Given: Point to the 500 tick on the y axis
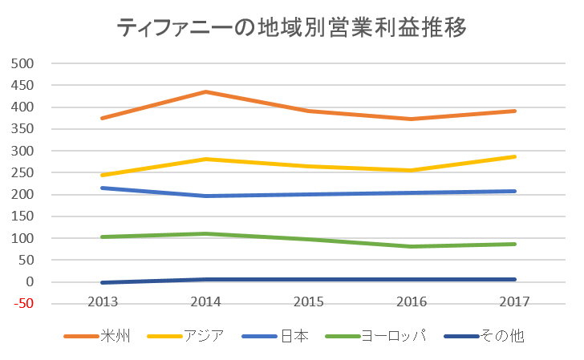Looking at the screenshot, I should tap(25, 63).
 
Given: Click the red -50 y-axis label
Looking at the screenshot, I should tap(25, 304).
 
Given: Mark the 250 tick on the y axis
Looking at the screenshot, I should tap(25, 173).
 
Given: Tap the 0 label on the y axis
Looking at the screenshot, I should tap(30, 282).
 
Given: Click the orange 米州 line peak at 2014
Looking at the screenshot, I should tap(207, 92).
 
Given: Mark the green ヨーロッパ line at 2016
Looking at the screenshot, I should tap(412, 246).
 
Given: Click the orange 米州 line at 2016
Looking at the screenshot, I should tap(412, 119).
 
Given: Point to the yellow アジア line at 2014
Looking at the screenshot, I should tap(207, 159).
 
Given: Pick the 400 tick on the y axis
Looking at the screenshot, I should tap(25, 107).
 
